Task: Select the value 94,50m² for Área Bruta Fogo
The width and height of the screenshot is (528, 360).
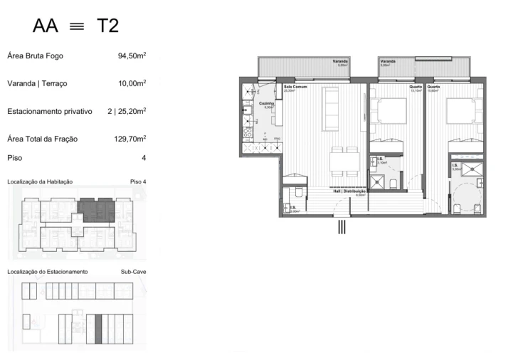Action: pos(132,55)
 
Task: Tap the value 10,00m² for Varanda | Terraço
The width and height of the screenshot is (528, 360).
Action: pos(132,83)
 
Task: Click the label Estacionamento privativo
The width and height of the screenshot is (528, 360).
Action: pos(50,111)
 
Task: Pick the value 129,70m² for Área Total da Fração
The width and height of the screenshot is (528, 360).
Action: pos(129,138)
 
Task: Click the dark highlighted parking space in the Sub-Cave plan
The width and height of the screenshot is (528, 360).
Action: pos(99,330)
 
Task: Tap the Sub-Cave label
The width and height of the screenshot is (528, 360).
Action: pos(133,272)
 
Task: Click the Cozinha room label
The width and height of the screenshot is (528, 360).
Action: pos(265,104)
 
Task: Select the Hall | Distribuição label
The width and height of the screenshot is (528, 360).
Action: pos(349,191)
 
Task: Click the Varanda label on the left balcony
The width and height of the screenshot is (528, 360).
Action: pos(340,62)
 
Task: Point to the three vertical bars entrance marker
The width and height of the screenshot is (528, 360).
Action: pos(342,228)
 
